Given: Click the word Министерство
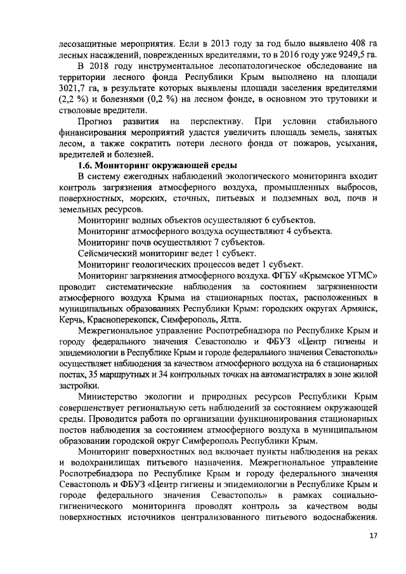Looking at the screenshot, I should (112, 395).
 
